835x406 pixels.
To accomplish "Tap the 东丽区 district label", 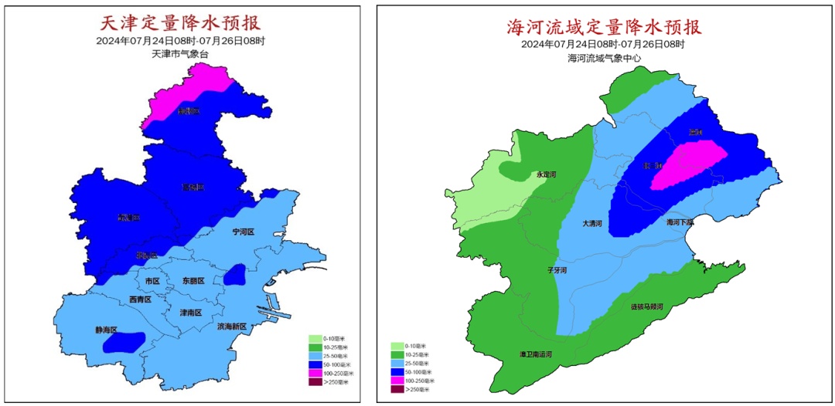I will pyautogui.click(x=193, y=281).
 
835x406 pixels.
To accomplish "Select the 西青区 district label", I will pyautogui.click(x=140, y=299).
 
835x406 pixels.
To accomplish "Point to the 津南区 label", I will pyautogui.click(x=190, y=313).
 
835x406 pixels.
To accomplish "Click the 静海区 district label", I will pyautogui.click(x=108, y=330).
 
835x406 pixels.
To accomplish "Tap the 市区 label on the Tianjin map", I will pyautogui.click(x=152, y=281).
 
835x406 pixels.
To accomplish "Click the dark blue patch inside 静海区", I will pyautogui.click(x=124, y=340).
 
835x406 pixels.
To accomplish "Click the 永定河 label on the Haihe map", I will pyautogui.click(x=547, y=174).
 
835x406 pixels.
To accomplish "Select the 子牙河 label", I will pyautogui.click(x=557, y=270).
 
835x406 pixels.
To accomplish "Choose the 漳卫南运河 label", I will pyautogui.click(x=535, y=355).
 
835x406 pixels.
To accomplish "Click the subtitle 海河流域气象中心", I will pyautogui.click(x=603, y=58).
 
